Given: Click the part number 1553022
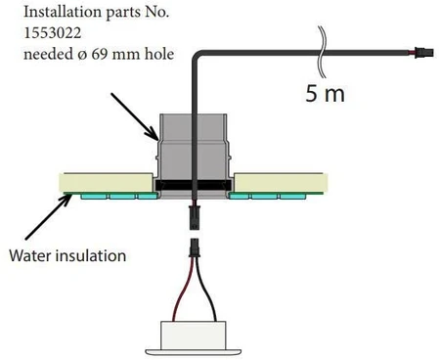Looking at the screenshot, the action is (53, 33).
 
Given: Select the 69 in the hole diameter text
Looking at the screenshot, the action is (100, 54).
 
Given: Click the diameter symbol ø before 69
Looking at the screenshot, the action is (83, 55).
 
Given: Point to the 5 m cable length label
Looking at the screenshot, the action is (325, 93).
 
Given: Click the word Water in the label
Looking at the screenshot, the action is (30, 255).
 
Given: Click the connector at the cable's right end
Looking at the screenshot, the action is (423, 53).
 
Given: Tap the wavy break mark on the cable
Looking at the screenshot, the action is (322, 52).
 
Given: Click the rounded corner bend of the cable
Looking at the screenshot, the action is (197, 56).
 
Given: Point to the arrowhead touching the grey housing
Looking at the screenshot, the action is (154, 134).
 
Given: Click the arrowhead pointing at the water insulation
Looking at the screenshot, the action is (66, 200).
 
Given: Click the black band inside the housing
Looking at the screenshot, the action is (194, 185).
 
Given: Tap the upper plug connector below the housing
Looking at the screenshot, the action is (195, 217).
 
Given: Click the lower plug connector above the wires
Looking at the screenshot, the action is (195, 247).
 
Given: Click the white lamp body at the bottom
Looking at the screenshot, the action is (194, 336).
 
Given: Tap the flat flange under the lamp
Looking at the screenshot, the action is (194, 353).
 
